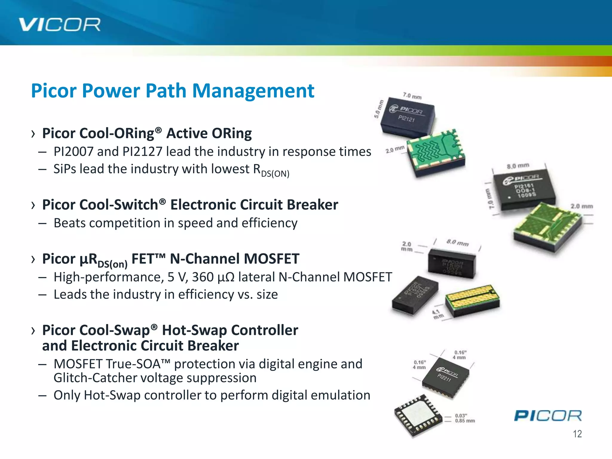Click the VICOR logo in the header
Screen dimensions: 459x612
click(59, 25)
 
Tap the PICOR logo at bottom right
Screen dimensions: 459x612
click(548, 416)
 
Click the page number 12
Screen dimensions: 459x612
click(577, 434)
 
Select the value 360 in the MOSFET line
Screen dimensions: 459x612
click(203, 277)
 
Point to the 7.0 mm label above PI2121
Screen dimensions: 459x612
click(412, 96)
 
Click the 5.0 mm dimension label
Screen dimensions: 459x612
click(378, 109)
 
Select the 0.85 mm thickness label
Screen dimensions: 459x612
click(465, 421)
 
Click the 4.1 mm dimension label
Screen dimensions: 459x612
click(438, 314)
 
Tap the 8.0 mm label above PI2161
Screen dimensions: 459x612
click(518, 166)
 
